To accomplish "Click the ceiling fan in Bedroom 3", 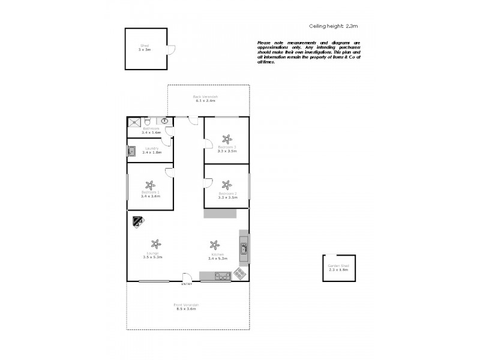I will click(227, 137).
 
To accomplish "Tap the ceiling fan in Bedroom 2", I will click(227, 185).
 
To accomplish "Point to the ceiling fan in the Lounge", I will click(156, 244).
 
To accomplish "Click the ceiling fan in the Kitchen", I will click(214, 245).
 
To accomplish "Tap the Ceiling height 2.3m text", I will click(333, 26).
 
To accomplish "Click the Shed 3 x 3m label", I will click(145, 47).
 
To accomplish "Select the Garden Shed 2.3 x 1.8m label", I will click(338, 268).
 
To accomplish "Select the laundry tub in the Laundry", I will click(131, 151).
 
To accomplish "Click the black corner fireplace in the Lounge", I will click(137, 221).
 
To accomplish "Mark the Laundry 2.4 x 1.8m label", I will click(151, 151).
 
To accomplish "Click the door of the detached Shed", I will click(170, 52).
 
